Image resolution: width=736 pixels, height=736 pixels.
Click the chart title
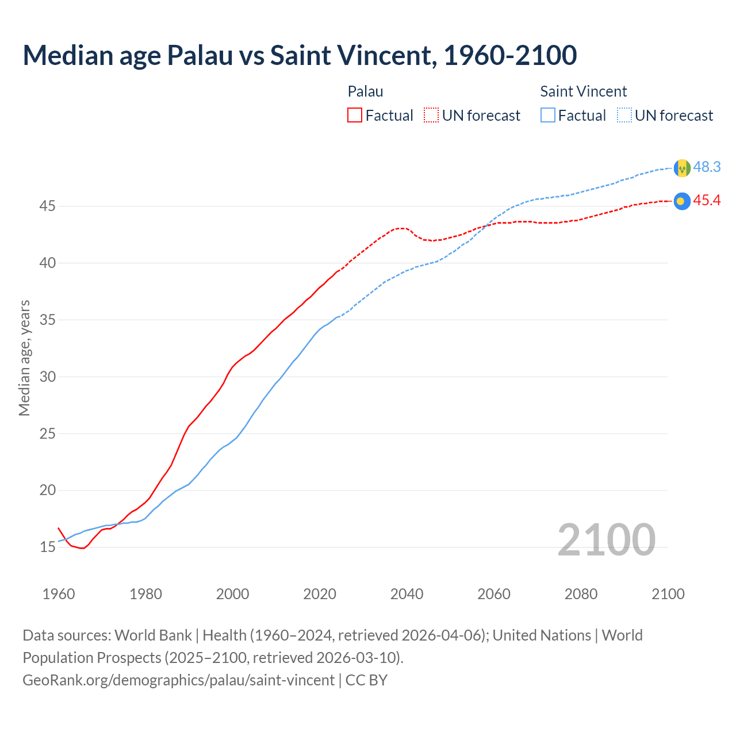300,55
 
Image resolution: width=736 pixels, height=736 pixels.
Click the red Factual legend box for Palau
355,116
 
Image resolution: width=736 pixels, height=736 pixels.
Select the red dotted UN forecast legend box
431,116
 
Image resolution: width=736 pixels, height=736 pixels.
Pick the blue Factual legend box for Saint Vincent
548,116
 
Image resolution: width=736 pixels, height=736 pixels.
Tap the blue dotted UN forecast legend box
624,116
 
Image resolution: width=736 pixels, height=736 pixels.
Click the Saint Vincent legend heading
583,91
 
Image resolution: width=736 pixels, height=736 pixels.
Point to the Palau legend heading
365,91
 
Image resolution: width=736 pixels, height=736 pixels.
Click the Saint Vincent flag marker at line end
682,168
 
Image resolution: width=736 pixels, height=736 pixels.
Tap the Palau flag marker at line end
681,201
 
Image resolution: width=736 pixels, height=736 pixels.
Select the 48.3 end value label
707,167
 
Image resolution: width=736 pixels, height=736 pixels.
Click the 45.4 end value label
707,201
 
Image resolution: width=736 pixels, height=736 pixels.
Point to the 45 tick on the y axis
47,206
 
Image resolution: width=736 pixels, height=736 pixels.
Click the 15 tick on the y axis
47,547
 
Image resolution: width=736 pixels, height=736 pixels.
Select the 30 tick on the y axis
47,377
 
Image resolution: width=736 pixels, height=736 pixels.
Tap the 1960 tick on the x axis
59,594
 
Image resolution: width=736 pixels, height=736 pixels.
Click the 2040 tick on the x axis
407,594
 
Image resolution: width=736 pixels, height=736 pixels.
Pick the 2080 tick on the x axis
581,594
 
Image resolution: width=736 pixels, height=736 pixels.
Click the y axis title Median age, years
24,358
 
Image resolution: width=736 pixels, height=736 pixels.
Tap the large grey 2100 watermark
606,539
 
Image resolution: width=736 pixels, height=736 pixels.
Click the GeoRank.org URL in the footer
178,680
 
